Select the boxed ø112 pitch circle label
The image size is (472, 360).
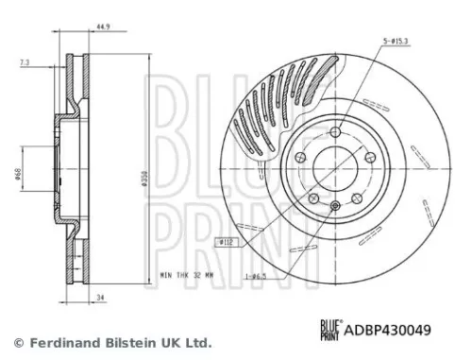227,243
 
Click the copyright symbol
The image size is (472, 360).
16,342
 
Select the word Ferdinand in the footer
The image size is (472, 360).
62,342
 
